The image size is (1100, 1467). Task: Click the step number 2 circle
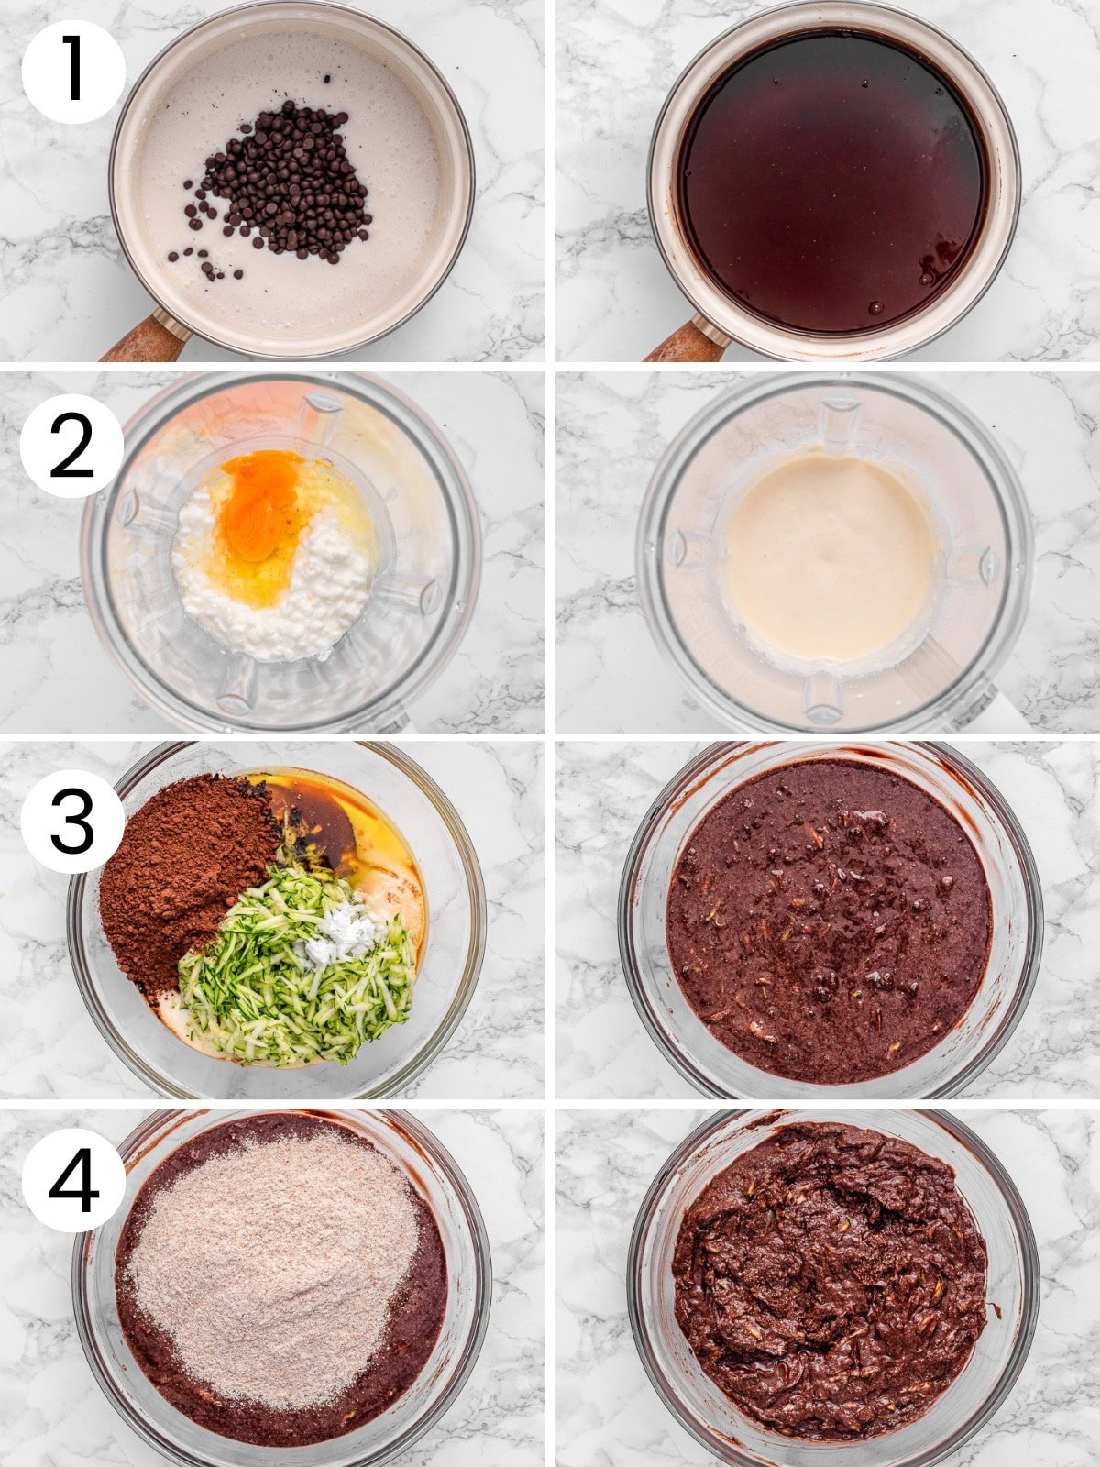[x=71, y=446]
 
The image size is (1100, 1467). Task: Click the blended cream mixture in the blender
[x=830, y=559]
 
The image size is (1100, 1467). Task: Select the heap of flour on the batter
[x=275, y=1265]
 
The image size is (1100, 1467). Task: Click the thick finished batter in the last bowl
[x=830, y=1284]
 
